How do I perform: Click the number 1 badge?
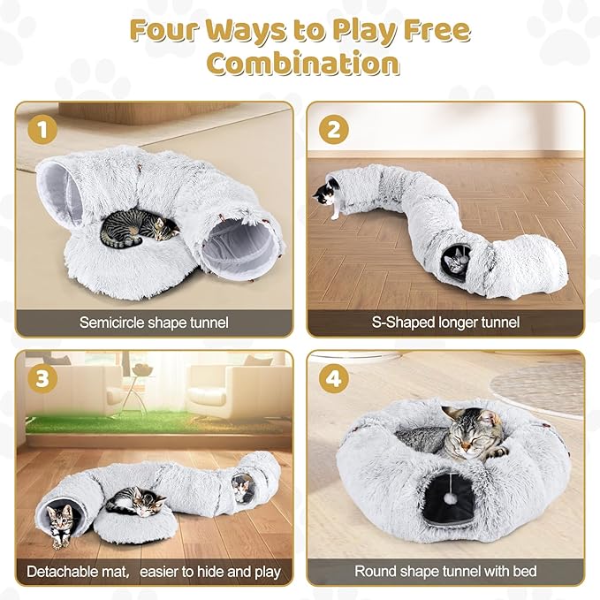tap(43, 130)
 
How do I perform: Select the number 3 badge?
tap(43, 379)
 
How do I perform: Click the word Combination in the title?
tap(300, 64)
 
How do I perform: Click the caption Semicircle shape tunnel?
tap(154, 323)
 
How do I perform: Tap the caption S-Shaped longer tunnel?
tap(445, 323)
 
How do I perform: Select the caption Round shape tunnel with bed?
tap(445, 571)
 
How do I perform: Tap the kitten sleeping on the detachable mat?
tap(135, 504)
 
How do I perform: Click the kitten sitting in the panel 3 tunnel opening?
tap(60, 523)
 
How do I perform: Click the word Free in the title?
tap(430, 30)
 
